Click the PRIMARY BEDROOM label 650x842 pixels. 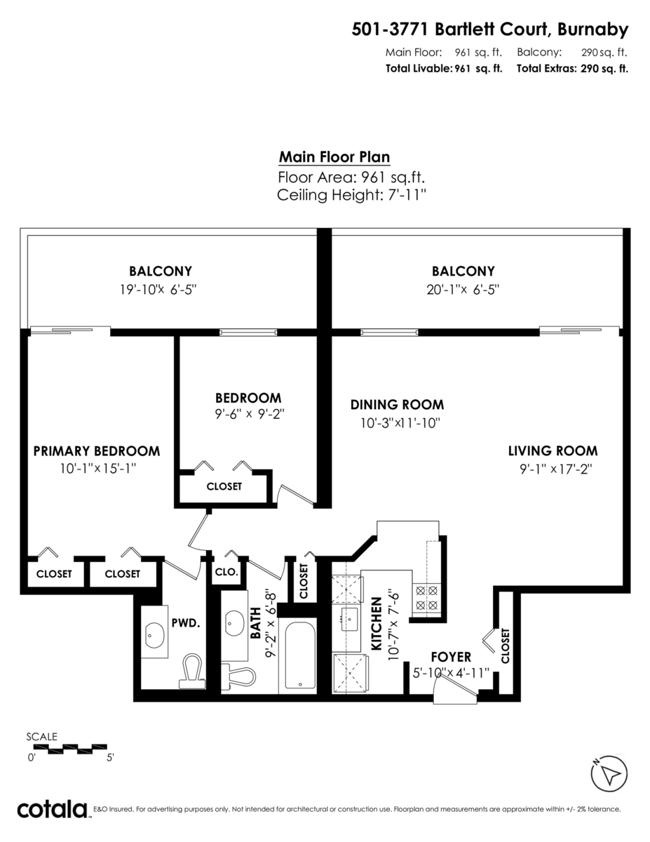96,451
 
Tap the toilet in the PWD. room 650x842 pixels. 191,669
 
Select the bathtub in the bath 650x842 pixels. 301,657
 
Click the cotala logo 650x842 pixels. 52,809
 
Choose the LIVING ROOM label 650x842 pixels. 553,451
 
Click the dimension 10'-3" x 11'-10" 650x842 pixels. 397,422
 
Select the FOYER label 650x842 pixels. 451,657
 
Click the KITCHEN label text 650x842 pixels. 376,623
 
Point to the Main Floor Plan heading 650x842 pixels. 334,157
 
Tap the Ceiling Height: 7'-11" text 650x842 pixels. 351,195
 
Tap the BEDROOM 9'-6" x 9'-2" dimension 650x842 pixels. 248,414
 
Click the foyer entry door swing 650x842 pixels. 454,692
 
